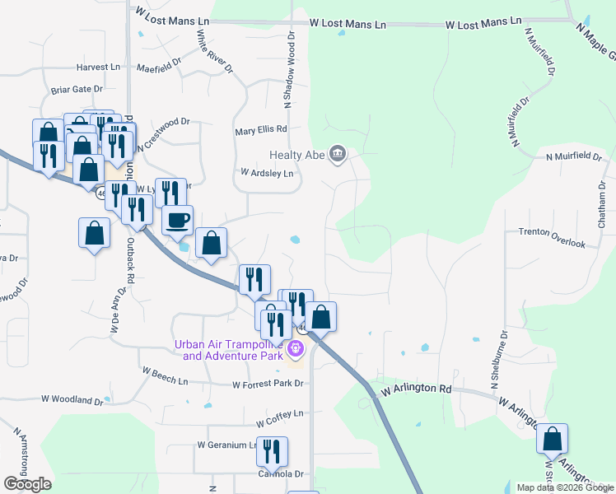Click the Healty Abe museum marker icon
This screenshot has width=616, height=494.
point(337,154)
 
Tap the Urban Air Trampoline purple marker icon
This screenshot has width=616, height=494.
point(296,351)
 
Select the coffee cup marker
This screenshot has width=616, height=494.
point(178,220)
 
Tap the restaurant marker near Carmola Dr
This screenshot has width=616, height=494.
point(271,451)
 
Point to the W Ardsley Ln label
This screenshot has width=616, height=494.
point(267,173)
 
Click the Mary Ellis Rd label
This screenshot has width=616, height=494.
point(260,129)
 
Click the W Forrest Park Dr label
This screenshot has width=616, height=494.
point(269,384)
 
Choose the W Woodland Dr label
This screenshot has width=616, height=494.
point(72,400)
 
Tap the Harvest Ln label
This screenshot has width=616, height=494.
point(98,67)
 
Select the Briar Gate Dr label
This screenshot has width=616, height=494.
point(77,89)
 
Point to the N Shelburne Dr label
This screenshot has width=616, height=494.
point(503,363)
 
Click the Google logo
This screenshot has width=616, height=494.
point(27,484)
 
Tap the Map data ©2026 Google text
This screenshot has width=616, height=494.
point(564,487)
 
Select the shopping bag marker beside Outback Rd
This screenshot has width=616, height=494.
point(95,233)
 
